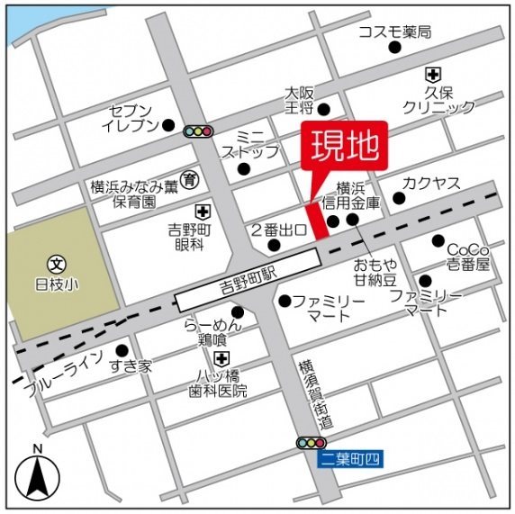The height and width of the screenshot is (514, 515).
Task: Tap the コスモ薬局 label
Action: (394, 32)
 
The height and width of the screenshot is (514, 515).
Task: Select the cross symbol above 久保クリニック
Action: (434, 75)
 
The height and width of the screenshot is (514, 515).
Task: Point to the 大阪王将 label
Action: (298, 101)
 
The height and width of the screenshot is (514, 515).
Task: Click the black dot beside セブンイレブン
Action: (168, 126)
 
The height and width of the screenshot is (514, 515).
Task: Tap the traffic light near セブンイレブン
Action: (198, 131)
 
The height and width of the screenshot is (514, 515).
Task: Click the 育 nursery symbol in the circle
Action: (190, 179)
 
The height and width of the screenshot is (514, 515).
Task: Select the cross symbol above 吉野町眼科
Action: (203, 212)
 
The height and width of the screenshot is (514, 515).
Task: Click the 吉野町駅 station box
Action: (248, 283)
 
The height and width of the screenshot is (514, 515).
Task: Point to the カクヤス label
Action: (431, 184)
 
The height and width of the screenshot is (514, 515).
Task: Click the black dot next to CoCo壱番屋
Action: (438, 241)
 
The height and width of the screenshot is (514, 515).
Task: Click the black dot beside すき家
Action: (122, 350)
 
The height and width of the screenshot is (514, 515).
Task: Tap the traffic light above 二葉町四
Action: (311, 443)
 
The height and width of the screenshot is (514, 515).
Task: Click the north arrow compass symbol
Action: (37, 473)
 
